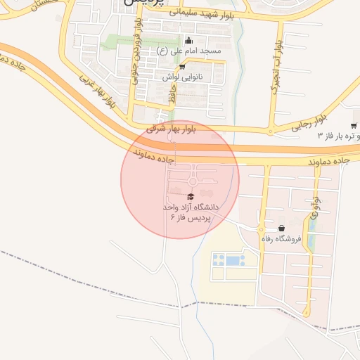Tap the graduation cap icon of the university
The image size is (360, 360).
point(191,198)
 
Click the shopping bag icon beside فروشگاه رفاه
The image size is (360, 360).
point(282,228)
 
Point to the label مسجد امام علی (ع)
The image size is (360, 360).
point(192,51)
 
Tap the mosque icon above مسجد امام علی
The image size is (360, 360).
point(188,40)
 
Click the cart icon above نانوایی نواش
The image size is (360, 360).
point(183,67)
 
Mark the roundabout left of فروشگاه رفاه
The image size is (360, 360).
point(262,230)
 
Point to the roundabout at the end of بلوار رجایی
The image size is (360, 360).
point(271,131)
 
